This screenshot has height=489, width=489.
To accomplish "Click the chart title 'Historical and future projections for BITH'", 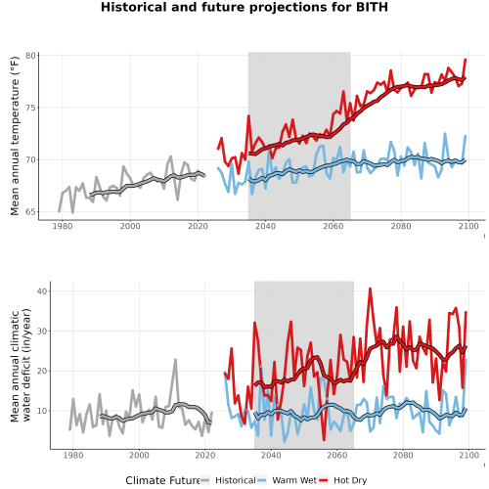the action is coord(244,7).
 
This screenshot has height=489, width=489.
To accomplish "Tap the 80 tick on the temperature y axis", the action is coord(30,56).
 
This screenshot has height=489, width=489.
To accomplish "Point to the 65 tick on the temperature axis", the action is coord(30,212).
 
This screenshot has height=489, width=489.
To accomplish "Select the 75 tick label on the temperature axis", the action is coord(30,108).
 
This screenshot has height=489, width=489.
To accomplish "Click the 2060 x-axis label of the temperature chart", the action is coord(333,226).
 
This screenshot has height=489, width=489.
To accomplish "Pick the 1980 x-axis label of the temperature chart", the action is coord(63,226).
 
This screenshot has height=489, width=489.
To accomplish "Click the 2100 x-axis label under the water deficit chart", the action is coord(468,455).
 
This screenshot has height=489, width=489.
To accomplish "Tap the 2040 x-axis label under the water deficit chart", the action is coord(271,455).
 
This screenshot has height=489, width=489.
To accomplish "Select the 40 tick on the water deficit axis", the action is coord(42,290).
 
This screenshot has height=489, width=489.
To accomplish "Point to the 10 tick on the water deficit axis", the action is coord(42,411).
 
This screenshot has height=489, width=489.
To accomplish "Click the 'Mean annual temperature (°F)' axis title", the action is coord(15,136).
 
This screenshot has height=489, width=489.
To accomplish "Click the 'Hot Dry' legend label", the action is coord(350,480).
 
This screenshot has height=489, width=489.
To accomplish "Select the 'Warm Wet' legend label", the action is coord(294,480).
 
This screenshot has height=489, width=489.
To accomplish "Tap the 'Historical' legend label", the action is coord(236,480).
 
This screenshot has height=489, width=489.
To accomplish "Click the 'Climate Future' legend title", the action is coord(163,480).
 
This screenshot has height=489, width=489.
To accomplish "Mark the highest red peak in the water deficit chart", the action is coord(370,289).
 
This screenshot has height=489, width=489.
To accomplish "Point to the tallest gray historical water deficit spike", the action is coord(175,360).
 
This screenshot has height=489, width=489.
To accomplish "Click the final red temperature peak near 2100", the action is coord(466,60).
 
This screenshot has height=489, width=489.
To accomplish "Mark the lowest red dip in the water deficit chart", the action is coord(324,440).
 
